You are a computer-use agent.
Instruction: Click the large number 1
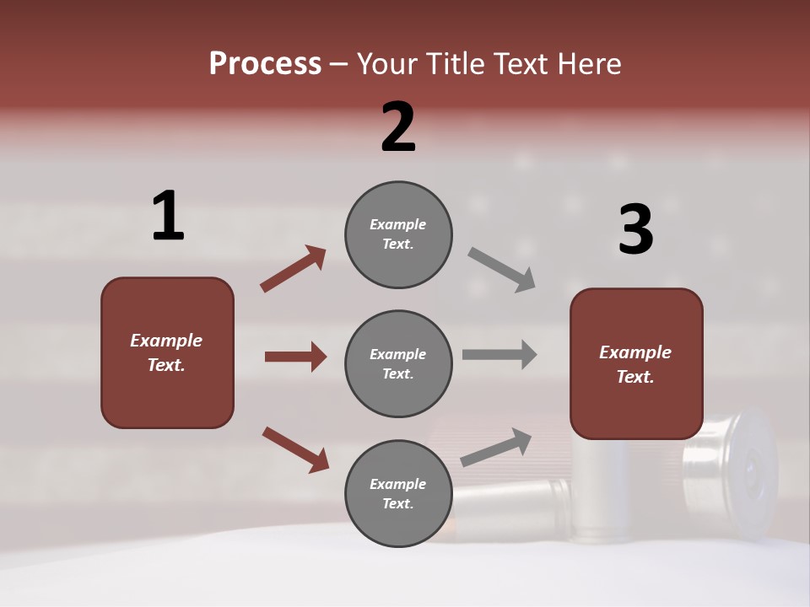tap(168, 217)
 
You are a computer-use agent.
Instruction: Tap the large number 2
tap(398, 127)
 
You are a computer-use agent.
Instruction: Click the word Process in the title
tap(265, 63)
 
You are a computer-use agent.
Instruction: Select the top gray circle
tap(398, 234)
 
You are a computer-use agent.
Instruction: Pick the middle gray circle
tap(398, 363)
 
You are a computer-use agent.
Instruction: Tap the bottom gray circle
tap(398, 493)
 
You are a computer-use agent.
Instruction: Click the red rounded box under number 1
tap(167, 352)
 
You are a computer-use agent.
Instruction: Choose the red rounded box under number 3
tap(636, 363)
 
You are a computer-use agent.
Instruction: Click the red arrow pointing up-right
tap(294, 268)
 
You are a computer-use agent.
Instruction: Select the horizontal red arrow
tap(295, 357)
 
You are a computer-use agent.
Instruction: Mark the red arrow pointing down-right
tap(295, 449)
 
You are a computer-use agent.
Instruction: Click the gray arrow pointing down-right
tap(502, 269)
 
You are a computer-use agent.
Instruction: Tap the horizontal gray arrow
tap(499, 355)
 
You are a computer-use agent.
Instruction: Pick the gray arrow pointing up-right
tap(496, 447)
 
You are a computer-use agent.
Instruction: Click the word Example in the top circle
tap(398, 224)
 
